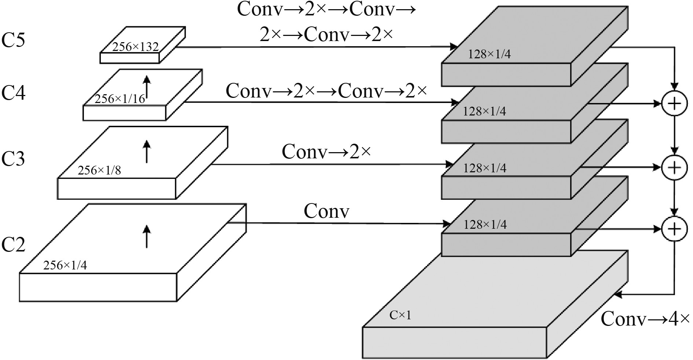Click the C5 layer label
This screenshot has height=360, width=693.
click(14, 40)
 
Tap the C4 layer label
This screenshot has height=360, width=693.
click(14, 93)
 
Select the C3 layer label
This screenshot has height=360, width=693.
click(14, 159)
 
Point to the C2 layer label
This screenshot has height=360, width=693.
click(14, 245)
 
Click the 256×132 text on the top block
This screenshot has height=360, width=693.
click(135, 47)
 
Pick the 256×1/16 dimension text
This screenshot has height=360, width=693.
click(120, 99)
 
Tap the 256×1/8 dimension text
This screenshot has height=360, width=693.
click(99, 170)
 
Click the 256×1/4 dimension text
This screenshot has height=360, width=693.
click(65, 265)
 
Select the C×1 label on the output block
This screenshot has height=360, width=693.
click(400, 315)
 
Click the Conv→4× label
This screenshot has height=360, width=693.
click(645, 319)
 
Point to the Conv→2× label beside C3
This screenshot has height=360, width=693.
click(326, 151)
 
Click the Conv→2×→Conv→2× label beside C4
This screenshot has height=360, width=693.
click(326, 91)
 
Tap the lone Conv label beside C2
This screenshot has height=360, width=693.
click(326, 211)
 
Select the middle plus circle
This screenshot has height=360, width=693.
click(674, 168)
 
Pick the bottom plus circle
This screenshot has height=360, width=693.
click(674, 229)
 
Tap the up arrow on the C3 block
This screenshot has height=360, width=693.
click(147, 151)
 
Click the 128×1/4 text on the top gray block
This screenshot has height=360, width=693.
click(489, 54)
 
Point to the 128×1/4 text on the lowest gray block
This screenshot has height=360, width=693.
click(485, 224)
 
